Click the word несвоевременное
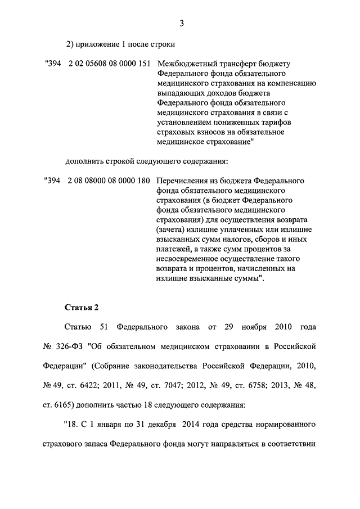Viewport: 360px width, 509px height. (x=186, y=259)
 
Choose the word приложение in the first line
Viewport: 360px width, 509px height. (x=99, y=44)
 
